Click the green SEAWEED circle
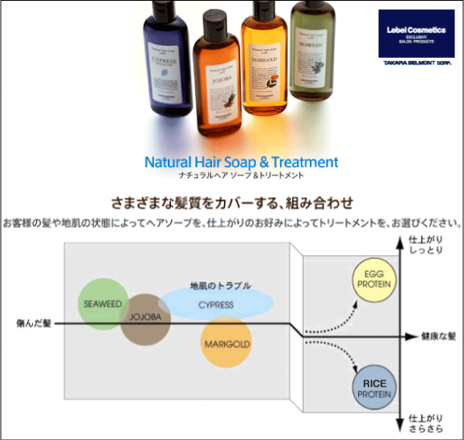pyautogui.click(x=100, y=302)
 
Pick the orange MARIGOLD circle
pyautogui.click(x=226, y=343)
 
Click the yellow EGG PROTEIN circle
pyautogui.click(x=374, y=281)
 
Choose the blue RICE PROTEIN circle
pyautogui.click(x=374, y=387)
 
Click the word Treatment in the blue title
pyautogui.click(x=307, y=162)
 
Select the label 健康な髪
pyautogui.click(x=440, y=335)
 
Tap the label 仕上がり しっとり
pyautogui.click(x=426, y=246)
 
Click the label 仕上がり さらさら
pyautogui.click(x=426, y=424)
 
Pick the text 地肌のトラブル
pyautogui.click(x=220, y=286)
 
